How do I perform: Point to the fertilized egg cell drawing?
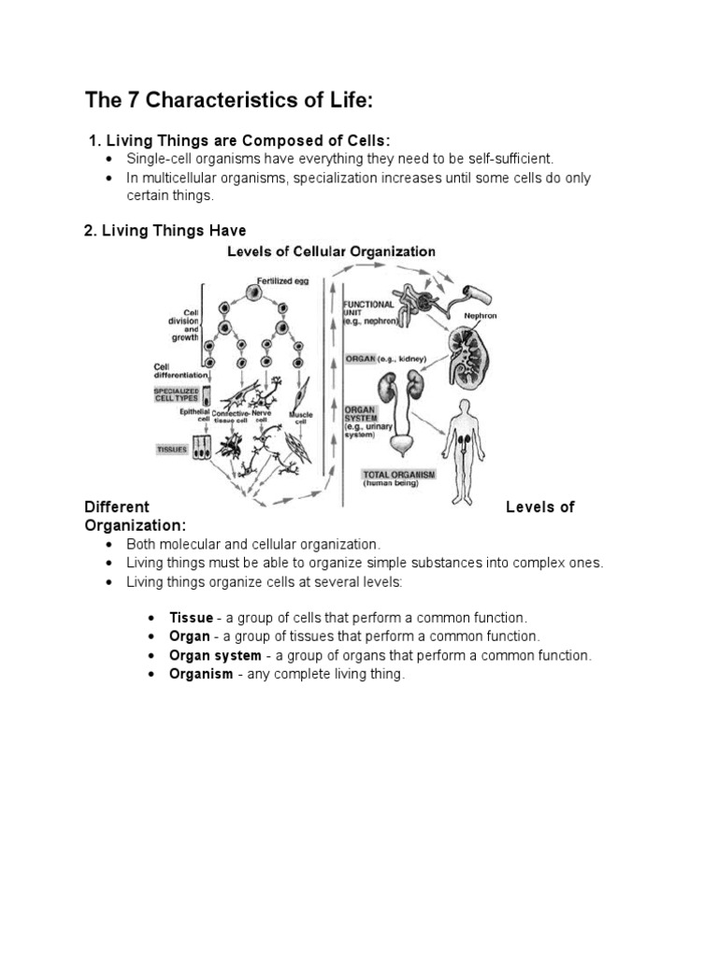pyautogui.click(x=252, y=292)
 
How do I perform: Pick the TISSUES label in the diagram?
pyautogui.click(x=171, y=449)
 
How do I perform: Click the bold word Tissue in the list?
pyautogui.click(x=191, y=619)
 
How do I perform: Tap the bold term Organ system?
pyautogui.click(x=215, y=656)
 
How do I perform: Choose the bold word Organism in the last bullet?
pyautogui.click(x=201, y=675)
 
